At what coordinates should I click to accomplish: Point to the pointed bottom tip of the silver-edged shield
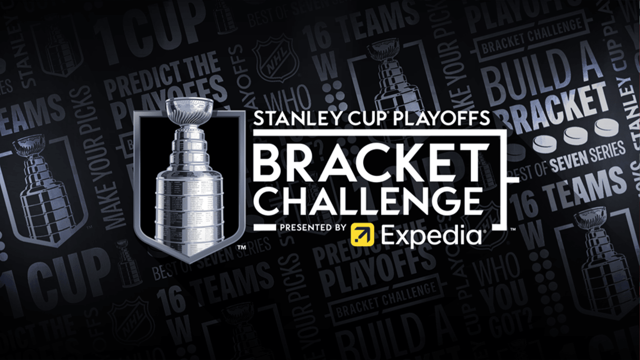click(188, 261)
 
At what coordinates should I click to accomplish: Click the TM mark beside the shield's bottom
click(241, 247)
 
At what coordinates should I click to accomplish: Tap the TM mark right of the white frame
click(512, 229)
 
